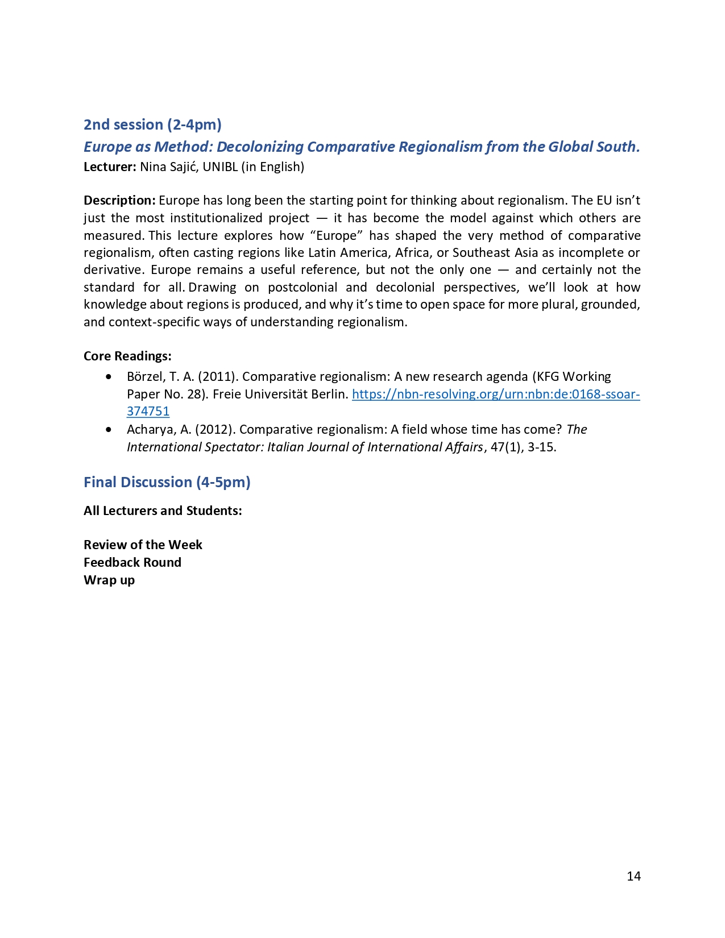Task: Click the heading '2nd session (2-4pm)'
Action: tap(152, 124)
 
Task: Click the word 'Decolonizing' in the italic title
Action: tap(260, 147)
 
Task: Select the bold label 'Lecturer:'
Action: tap(110, 167)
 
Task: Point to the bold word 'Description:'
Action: tap(119, 200)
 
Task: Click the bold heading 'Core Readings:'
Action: tap(127, 356)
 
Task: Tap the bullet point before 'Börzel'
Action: tap(109, 376)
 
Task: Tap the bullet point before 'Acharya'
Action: tap(109, 429)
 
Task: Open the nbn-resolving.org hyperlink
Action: tap(495, 394)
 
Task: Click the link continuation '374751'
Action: tap(148, 411)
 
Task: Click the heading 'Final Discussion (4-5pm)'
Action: tap(167, 482)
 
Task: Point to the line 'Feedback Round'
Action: tap(132, 562)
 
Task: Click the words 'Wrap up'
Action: tap(109, 580)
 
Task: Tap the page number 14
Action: tap(633, 876)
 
